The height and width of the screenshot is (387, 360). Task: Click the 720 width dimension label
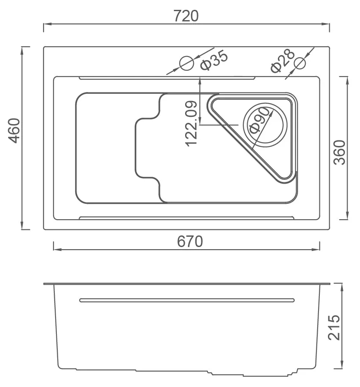click(186, 16)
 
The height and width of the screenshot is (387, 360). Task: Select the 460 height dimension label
click(14, 131)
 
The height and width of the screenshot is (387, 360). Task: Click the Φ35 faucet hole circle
click(187, 63)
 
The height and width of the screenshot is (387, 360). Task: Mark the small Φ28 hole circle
click(301, 63)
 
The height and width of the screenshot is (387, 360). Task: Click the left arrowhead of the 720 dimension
click(46, 25)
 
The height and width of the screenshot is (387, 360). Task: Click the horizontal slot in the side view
click(186, 300)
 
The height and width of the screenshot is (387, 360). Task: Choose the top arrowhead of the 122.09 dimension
click(200, 79)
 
